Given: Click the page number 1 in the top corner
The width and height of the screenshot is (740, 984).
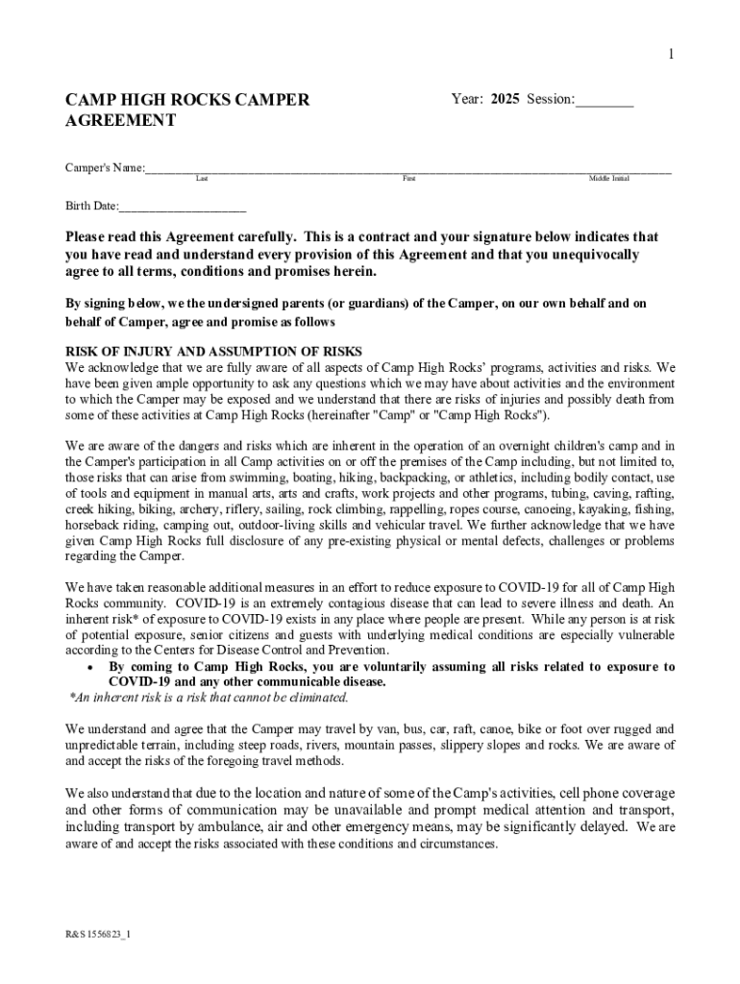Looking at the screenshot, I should point(671,55).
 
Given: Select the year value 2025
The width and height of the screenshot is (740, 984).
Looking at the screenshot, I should point(506,99).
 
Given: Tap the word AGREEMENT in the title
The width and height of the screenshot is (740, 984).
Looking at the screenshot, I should point(120,121).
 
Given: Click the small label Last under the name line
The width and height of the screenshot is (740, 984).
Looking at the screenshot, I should point(202,179).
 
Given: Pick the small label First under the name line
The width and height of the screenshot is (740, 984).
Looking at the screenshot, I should point(408,179).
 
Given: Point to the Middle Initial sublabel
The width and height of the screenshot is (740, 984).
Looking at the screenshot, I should point(608,179).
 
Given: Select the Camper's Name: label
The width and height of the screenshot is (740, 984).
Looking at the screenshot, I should point(105,168).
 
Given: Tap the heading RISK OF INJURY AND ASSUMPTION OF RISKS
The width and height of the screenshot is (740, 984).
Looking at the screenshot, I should point(213,351).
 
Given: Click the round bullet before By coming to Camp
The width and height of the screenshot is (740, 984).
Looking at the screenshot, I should point(89,667).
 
